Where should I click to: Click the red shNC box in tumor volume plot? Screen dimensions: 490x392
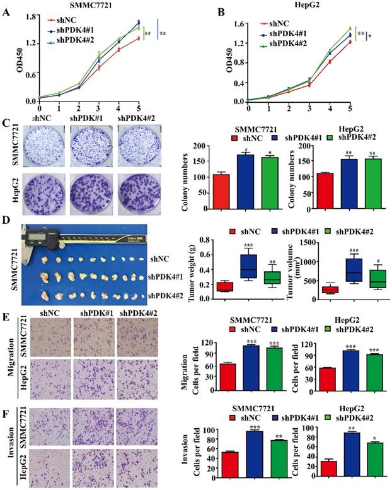pos(330,289)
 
